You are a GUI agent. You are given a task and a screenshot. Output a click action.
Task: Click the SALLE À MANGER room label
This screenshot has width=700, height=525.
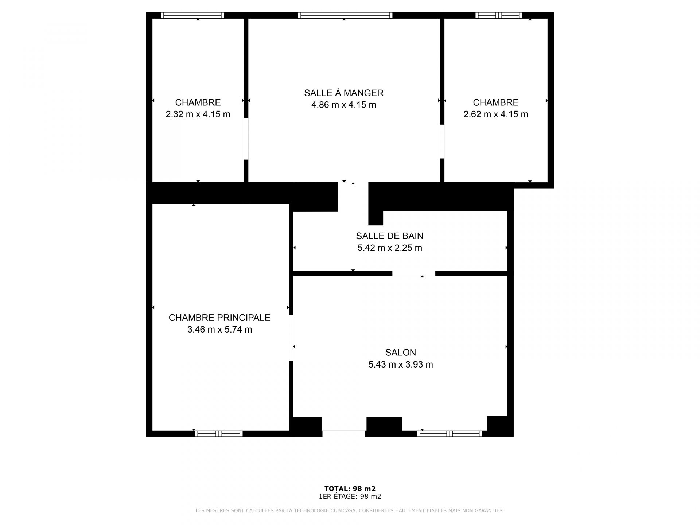(x=344, y=93)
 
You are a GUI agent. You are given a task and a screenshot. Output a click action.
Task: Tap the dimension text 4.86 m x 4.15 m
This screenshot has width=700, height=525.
(x=344, y=105)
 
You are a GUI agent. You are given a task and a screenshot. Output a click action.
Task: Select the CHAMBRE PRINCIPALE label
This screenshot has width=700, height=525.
(x=219, y=318)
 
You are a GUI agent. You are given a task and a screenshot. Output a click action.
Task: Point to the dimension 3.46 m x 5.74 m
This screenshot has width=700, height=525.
(x=219, y=330)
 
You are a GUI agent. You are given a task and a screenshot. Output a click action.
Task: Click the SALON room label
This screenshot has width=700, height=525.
(x=401, y=353)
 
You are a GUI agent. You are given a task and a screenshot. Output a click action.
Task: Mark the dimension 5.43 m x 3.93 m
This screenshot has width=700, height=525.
(x=401, y=365)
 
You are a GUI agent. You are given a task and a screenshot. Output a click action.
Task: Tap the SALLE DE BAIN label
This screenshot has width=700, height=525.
(x=390, y=236)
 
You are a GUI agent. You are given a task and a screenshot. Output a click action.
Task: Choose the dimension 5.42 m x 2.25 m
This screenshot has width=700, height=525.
(x=390, y=248)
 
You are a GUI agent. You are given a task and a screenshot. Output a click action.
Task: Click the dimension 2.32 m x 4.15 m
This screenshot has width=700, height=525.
(x=198, y=114)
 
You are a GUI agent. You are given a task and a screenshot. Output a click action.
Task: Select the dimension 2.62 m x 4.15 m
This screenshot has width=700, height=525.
(x=496, y=114)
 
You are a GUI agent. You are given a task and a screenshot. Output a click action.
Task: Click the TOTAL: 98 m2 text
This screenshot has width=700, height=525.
(x=350, y=489)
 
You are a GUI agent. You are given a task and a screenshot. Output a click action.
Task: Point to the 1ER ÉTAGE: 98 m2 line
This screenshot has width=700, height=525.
(x=350, y=497)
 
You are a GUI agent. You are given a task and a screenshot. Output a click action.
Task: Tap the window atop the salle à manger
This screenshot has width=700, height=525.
(x=345, y=15)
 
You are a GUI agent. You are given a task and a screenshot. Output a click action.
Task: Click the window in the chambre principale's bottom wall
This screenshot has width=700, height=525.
(x=218, y=433)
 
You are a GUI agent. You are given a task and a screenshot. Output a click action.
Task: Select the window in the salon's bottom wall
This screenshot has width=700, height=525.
(x=450, y=433)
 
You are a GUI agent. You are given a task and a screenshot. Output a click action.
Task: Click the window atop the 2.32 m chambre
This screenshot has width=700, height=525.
(x=192, y=15)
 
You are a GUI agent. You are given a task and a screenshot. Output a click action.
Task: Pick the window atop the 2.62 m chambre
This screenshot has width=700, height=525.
(x=498, y=15)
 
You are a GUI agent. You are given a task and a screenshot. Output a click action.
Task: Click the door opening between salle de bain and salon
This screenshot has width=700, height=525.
(x=414, y=273)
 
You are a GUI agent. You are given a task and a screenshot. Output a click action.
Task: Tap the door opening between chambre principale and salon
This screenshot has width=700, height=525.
(x=291, y=338)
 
